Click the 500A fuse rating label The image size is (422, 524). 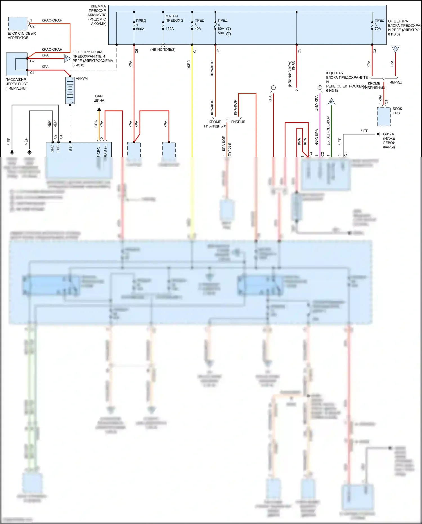[x=140, y=29]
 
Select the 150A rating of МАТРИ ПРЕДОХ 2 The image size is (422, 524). [x=170, y=29]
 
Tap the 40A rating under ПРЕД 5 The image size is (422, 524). [x=198, y=29]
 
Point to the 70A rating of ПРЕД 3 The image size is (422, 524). [x=378, y=29]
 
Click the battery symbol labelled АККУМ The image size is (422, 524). [x=70, y=90]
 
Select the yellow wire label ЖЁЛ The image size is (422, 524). [x=189, y=64]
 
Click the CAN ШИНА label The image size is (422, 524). [x=99, y=98]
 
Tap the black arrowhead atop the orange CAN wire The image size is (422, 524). [x=99, y=109]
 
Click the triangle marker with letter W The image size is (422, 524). [x=395, y=48]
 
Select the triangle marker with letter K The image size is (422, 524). [x=331, y=102]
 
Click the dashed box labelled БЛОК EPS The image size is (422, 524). [x=384, y=116]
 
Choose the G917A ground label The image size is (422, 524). [x=389, y=134]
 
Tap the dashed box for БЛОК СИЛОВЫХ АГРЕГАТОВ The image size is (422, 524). [x=18, y=24]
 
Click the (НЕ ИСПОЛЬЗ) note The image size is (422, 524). [x=163, y=50]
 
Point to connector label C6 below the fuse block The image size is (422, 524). [x=137, y=51]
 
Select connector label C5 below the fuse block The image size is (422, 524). [x=299, y=51]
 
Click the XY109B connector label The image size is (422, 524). [x=230, y=150]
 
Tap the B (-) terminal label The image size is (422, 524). [x=70, y=148]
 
